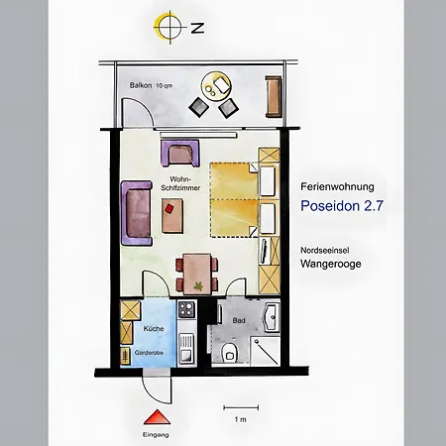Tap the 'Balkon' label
(x=141, y=87)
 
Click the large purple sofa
(x=136, y=213)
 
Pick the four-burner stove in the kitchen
(x=185, y=314)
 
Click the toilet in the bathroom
(x=230, y=353)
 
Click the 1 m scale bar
(x=241, y=406)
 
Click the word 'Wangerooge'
(x=332, y=265)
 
